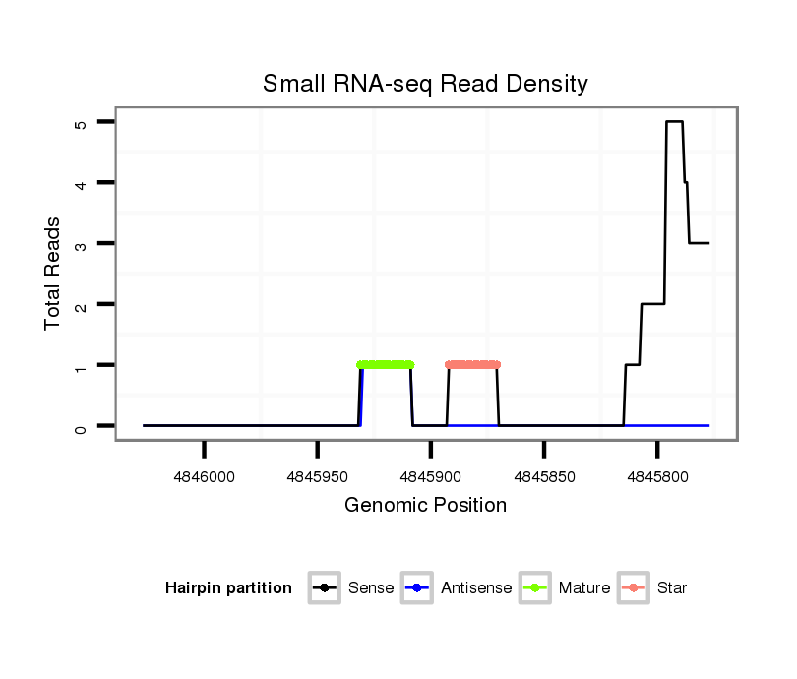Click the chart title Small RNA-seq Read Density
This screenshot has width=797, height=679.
pyautogui.click(x=425, y=84)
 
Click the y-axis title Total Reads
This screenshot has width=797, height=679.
pyautogui.click(x=53, y=274)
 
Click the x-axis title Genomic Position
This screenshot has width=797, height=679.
pyautogui.click(x=425, y=506)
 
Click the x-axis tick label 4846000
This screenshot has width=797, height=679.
pyautogui.click(x=204, y=475)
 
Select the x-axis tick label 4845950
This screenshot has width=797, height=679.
pyautogui.click(x=317, y=475)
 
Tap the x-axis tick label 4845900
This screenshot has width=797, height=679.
pyautogui.click(x=430, y=475)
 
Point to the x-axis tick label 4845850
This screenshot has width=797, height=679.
pyautogui.click(x=544, y=475)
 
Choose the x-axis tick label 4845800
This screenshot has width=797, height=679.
pyautogui.click(x=657, y=475)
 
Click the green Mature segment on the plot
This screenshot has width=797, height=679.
pyautogui.click(x=385, y=365)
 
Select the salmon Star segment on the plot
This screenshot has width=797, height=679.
pyautogui.click(x=472, y=365)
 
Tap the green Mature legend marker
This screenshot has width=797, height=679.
pyautogui.click(x=535, y=588)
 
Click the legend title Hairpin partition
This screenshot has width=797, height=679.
pyautogui.click(x=228, y=588)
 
